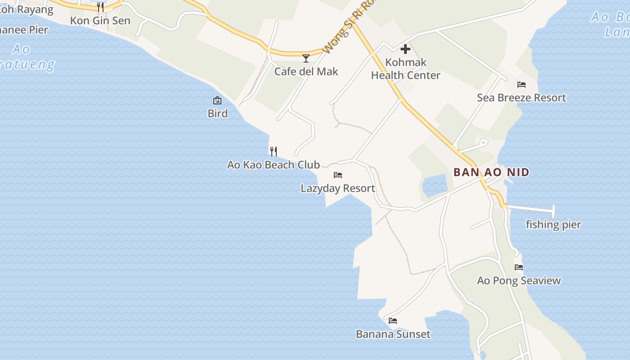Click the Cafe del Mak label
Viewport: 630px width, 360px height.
point(306,72)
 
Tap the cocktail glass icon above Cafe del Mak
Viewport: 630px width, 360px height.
point(306,58)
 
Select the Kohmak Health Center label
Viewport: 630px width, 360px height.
point(405,69)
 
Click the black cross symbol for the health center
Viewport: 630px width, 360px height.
point(405,49)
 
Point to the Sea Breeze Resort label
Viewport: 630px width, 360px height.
point(521,98)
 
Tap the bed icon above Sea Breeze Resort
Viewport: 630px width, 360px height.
point(522,84)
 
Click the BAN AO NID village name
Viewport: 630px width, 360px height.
point(491,172)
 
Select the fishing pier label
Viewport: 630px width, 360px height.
point(553,225)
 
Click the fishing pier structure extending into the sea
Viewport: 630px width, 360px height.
point(531,208)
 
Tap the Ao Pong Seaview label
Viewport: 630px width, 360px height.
point(519,281)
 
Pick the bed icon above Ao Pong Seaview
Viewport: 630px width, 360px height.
point(519,267)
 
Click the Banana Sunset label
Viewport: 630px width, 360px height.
point(393,334)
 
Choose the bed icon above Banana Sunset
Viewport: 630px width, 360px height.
point(393,320)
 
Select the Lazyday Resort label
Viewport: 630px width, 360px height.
point(337,188)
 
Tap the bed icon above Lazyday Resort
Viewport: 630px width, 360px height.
point(338,175)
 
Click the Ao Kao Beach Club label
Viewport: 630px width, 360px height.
point(273,165)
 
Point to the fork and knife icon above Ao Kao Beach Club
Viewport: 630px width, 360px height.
point(273,151)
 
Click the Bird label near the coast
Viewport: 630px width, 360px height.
point(217,113)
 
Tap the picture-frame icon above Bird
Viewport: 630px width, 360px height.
point(217,100)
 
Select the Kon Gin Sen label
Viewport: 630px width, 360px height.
point(100,21)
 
